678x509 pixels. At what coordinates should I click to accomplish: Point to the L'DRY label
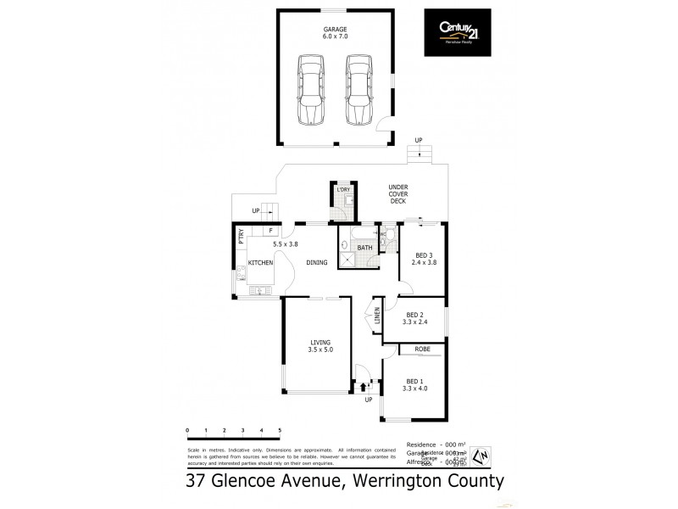[x=343, y=189]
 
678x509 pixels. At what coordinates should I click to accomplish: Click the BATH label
[x=365, y=248]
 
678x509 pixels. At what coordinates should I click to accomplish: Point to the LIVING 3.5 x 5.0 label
[x=320, y=346]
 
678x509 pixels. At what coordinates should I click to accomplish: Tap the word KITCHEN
[x=260, y=263]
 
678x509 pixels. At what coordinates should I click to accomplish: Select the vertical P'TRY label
[x=241, y=237]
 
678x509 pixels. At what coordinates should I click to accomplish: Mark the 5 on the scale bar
[x=280, y=432]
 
